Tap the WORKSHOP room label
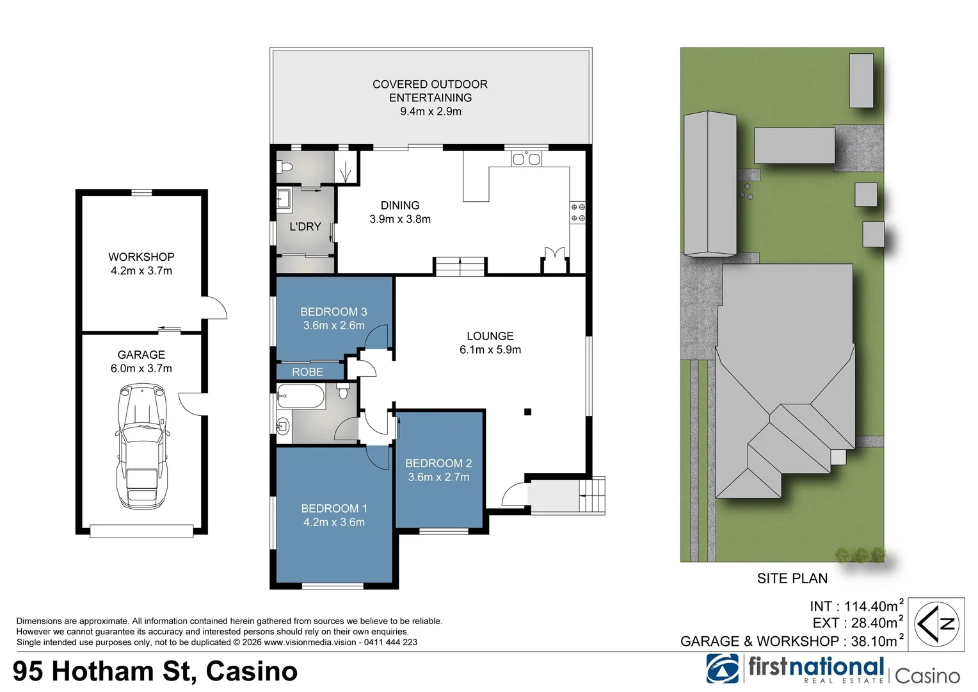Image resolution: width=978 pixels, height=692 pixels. point(141,257)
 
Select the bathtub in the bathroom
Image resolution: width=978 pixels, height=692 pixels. point(301,397)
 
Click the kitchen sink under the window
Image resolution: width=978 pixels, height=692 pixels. point(526,159)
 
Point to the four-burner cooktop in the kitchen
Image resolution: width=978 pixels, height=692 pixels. point(577,213)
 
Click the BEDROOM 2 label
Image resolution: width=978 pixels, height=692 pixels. point(438,463)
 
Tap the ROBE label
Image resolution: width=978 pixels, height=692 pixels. point(307,372)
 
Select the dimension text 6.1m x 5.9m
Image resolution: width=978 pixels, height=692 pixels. point(490,350)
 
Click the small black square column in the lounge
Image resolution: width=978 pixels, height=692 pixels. point(527,412)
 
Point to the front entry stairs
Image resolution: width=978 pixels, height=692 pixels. point(592,495)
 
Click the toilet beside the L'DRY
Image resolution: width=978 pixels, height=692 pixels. point(285,167)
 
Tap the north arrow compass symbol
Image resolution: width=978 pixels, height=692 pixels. point(936,624)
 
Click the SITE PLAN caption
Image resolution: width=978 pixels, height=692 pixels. point(792,579)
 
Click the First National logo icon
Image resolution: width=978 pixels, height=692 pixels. point(723,669)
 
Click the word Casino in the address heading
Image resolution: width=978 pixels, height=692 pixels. point(252,671)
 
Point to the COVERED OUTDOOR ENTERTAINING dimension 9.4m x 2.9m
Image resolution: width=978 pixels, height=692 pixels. point(430,111)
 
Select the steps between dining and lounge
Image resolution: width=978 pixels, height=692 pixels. point(460,266)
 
